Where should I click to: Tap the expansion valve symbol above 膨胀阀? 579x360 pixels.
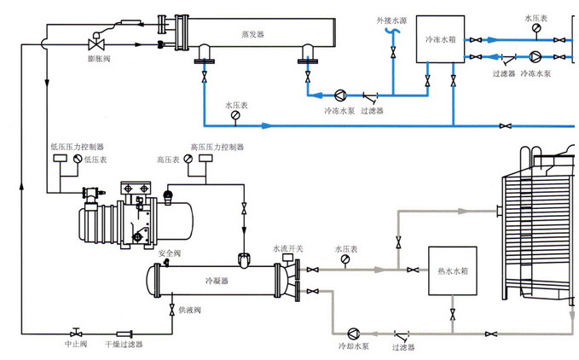96,43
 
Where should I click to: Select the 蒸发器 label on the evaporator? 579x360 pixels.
253,34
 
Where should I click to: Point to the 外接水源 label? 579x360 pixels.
391,19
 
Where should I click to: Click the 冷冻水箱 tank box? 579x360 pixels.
439,39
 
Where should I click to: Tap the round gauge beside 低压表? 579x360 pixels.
78,159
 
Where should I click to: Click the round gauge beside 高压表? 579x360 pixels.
186,159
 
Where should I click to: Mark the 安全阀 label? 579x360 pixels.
169,253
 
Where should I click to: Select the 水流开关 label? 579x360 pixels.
287,248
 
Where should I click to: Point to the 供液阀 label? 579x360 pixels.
189,309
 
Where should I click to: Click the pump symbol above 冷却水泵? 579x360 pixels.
355,333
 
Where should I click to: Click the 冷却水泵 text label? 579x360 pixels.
353,347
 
